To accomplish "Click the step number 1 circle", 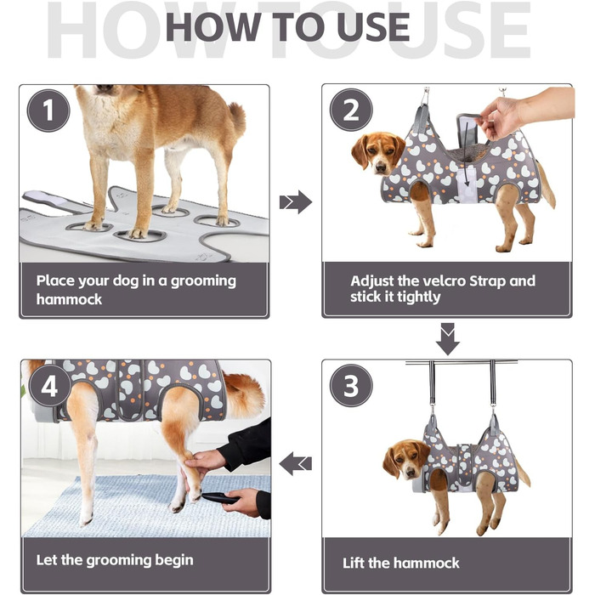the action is click(x=48, y=110).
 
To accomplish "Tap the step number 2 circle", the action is click(x=351, y=110).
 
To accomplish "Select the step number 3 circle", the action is click(x=351, y=386).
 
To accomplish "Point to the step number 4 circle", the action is click(x=49, y=386).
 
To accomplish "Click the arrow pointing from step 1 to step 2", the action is click(x=296, y=202).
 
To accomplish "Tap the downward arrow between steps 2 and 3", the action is click(x=448, y=339).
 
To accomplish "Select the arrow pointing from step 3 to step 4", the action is click(x=295, y=463).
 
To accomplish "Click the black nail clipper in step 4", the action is click(x=219, y=498).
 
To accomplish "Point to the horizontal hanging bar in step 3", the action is click(x=461, y=363).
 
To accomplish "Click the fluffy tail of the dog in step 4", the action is click(x=243, y=394).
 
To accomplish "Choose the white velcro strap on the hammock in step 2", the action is click(x=467, y=181).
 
